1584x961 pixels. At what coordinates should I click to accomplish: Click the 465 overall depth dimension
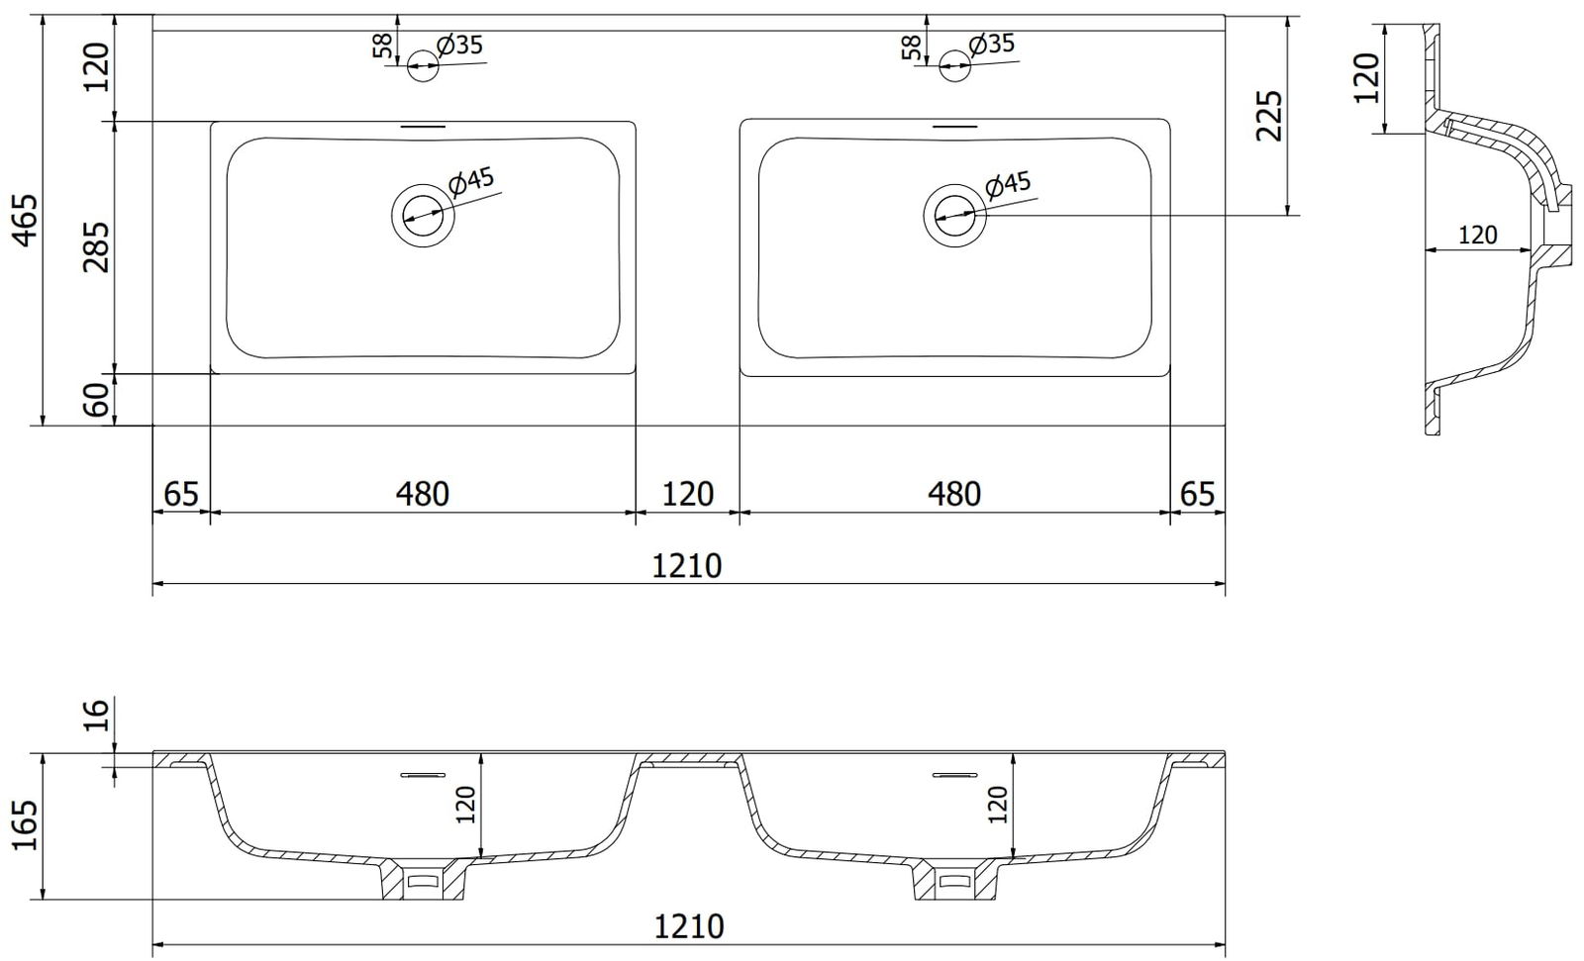26,221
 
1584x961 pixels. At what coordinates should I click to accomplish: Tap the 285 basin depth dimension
96,246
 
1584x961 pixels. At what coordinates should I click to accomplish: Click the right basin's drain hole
954,215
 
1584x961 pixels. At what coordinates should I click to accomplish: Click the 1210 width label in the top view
686,566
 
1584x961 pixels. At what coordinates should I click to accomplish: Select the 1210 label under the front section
689,926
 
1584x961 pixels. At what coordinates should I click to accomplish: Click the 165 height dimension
26,825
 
